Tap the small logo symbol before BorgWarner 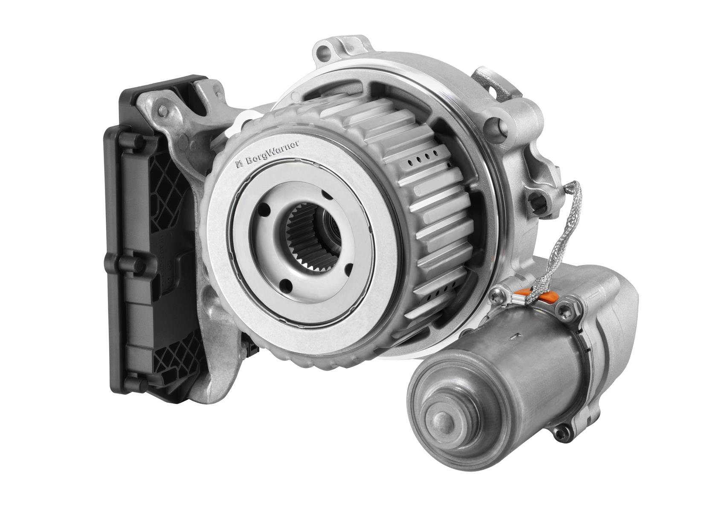point(239,164)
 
